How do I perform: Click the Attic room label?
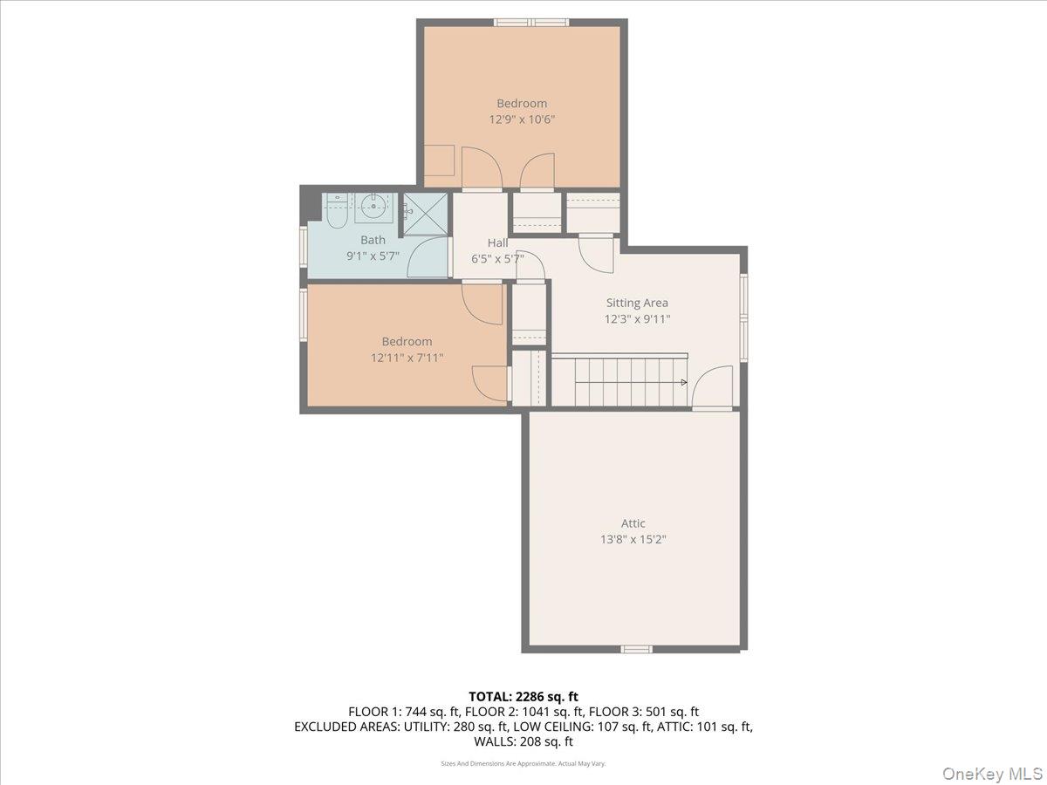point(633,523)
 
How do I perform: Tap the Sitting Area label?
point(637,303)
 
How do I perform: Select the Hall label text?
point(497,242)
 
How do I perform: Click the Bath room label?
point(373,240)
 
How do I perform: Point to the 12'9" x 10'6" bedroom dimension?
point(522,119)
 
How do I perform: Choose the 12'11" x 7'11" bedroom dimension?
point(407,357)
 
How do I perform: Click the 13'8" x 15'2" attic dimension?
point(633,539)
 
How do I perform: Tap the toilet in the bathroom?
point(337,209)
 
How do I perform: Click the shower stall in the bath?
point(425,215)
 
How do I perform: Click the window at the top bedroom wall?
point(531,22)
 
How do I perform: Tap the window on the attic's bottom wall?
point(636,649)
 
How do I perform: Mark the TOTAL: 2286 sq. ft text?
point(523,696)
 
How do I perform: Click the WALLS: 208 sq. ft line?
point(523,741)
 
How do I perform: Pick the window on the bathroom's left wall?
point(303,244)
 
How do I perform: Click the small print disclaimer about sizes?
point(523,763)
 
